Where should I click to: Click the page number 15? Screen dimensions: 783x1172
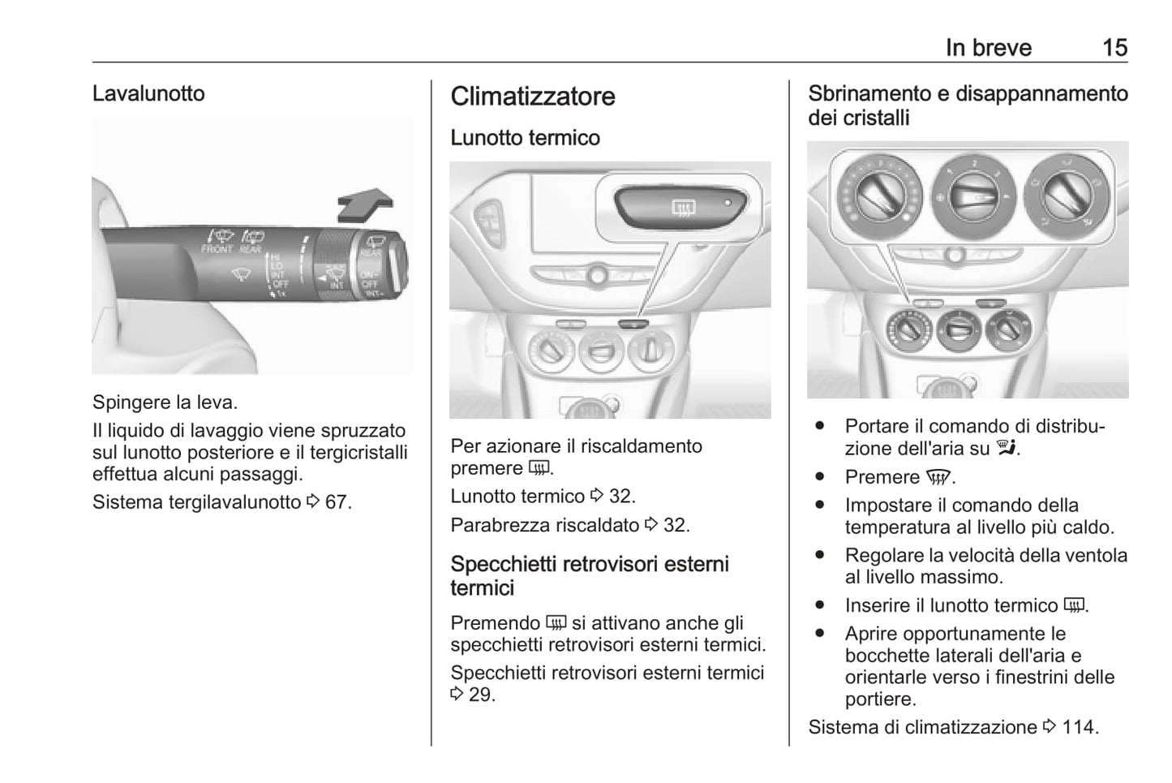point(1114,48)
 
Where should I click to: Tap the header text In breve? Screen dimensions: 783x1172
point(988,48)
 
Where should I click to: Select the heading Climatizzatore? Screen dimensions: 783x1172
point(532,97)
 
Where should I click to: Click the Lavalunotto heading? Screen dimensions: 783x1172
point(148,93)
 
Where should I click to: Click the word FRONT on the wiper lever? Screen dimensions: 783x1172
point(217,249)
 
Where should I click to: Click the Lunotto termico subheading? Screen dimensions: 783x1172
point(525,138)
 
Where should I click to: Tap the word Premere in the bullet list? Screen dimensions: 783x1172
point(882,477)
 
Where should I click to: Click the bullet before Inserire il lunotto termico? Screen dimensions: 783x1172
point(820,605)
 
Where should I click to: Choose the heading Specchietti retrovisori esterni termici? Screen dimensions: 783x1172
point(589,575)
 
